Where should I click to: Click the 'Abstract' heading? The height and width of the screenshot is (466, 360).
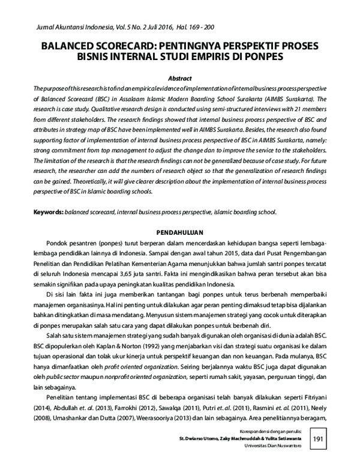[179, 78]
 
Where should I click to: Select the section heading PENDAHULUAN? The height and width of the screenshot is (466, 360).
[180, 232]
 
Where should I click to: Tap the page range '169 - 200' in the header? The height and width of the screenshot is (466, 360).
[199, 27]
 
